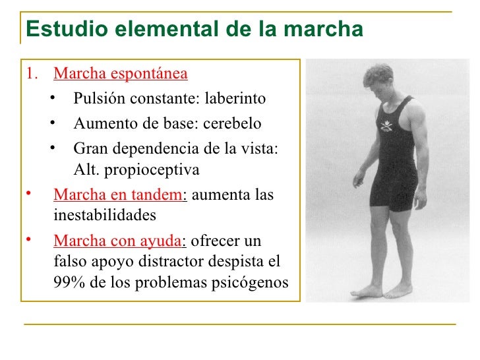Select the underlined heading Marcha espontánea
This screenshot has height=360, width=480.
click(x=121, y=73)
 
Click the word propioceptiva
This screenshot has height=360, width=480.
click(x=156, y=169)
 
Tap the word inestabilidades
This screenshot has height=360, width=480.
click(x=105, y=215)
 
